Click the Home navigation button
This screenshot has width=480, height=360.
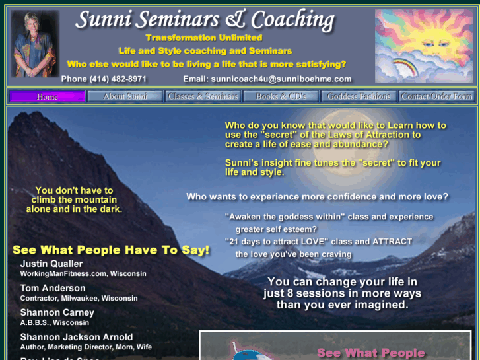point(47,96)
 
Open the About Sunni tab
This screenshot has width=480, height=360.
point(125,96)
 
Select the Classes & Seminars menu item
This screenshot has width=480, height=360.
point(203,96)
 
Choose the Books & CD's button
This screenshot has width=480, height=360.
point(281,96)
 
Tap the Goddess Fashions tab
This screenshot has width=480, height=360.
point(359,96)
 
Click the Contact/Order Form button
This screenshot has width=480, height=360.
point(436,96)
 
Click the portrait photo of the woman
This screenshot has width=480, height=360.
point(34,44)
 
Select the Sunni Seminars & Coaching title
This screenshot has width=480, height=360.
point(205,20)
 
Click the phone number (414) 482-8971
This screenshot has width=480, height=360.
point(104,79)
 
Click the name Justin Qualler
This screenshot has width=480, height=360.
point(51,264)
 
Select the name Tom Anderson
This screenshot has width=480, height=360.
point(53,288)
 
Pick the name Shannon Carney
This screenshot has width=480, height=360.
point(57,312)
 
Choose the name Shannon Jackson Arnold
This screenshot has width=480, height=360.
point(76,337)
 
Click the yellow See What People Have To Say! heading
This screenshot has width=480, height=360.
point(111,250)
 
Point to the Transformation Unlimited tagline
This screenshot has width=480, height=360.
point(203,38)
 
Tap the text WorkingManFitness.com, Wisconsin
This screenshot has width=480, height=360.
point(83,273)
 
